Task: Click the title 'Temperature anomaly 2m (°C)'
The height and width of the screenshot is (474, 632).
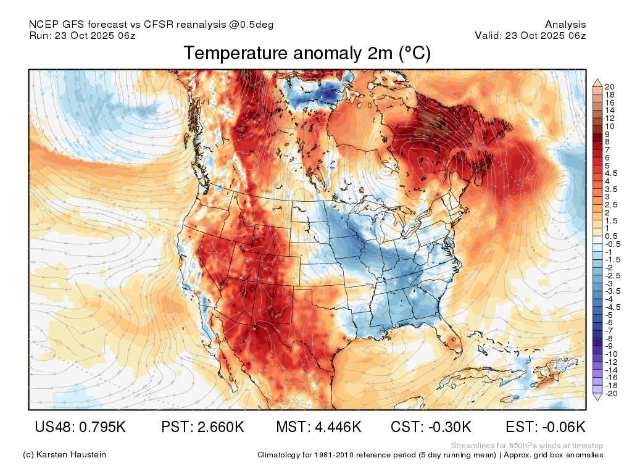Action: coord(307,53)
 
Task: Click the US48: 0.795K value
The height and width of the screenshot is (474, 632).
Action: coord(80,426)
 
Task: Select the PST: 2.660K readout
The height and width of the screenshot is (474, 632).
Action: coord(202,426)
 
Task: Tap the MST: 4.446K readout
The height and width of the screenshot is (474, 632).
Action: coord(318,426)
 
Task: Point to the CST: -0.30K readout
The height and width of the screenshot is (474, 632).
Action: coord(431,426)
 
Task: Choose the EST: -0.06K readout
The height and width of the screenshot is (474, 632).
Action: coord(546,426)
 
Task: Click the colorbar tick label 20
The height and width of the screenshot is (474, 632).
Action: coord(609,86)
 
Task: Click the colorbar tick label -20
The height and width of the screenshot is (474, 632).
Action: coord(611,394)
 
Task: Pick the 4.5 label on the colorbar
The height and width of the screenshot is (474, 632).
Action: coord(611,173)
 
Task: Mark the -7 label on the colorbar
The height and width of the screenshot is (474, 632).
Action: coord(609,331)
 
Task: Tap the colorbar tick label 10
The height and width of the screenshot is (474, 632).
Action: coord(609,126)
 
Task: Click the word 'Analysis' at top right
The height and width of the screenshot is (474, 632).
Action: coord(565,25)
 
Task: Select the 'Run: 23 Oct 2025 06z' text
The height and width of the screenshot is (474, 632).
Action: coord(82,35)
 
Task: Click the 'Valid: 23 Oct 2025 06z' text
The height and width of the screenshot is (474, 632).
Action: coord(530,35)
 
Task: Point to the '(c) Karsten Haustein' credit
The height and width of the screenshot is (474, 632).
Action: coord(64,455)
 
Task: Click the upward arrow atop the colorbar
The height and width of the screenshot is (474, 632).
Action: coord(597,83)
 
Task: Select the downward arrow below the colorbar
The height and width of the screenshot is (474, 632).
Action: coord(597,397)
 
